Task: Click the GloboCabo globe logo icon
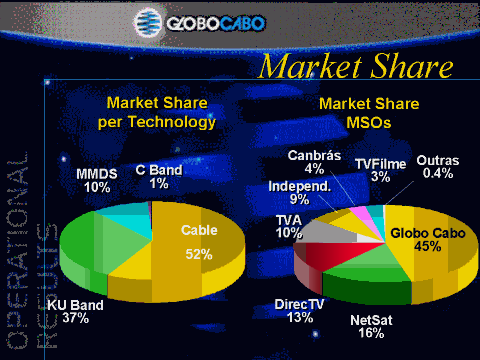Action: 148,22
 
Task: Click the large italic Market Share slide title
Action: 356,66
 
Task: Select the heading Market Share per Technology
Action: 157,113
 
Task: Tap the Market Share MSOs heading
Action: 369,113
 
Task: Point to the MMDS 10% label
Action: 97,180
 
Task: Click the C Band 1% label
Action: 159,177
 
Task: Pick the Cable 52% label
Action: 199,242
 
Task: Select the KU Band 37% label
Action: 75,311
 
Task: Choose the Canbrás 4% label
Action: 314,162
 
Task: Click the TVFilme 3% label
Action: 380,170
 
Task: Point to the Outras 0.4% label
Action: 438,167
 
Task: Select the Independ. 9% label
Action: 299,193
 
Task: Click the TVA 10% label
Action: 289,226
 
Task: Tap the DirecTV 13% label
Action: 299,311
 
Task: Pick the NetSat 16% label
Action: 371,327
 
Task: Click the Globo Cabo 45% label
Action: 428,240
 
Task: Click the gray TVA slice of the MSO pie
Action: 330,232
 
